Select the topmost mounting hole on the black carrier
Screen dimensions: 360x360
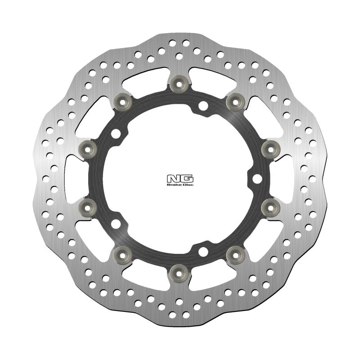click(x=203, y=106)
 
